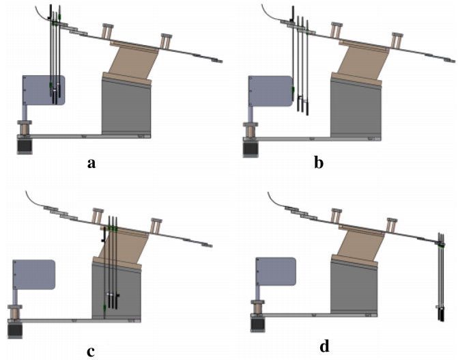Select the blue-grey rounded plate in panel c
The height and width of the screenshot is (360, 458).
(33, 274)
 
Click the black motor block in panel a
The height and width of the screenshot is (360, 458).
(25, 146)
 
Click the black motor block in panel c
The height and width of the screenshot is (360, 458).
(15, 331)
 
